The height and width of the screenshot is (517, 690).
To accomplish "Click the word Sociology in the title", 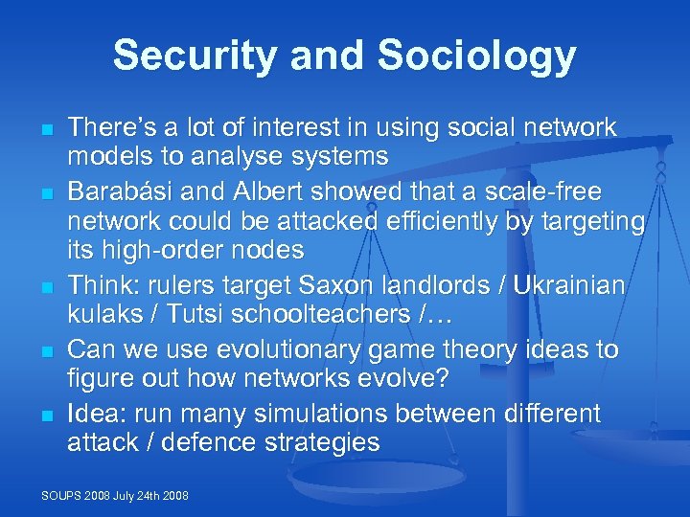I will (x=476, y=56).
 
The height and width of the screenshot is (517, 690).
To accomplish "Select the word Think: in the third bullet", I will (x=101, y=286).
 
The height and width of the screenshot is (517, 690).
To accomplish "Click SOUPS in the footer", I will (x=61, y=495).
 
